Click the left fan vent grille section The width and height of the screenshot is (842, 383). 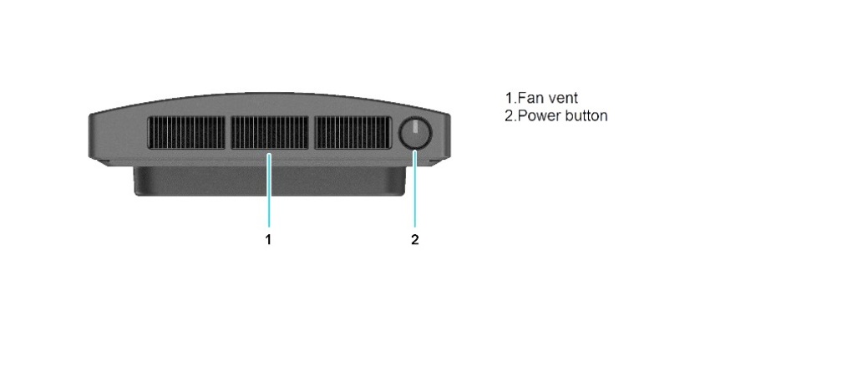[x=186, y=132]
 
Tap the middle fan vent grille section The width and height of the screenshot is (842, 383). [x=270, y=132]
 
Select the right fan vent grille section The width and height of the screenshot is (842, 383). [x=353, y=132]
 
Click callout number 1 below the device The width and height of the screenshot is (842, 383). [x=268, y=240]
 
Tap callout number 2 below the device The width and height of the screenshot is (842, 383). [x=414, y=240]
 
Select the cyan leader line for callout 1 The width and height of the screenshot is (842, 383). [x=269, y=190]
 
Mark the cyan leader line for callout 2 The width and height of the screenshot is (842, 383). [x=415, y=189]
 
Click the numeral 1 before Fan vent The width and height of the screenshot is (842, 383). [x=510, y=98]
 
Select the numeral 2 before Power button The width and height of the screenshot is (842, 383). [x=510, y=115]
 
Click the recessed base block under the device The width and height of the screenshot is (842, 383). [x=270, y=181]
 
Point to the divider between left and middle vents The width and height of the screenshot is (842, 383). [x=228, y=132]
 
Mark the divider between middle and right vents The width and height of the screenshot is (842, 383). [x=312, y=132]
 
